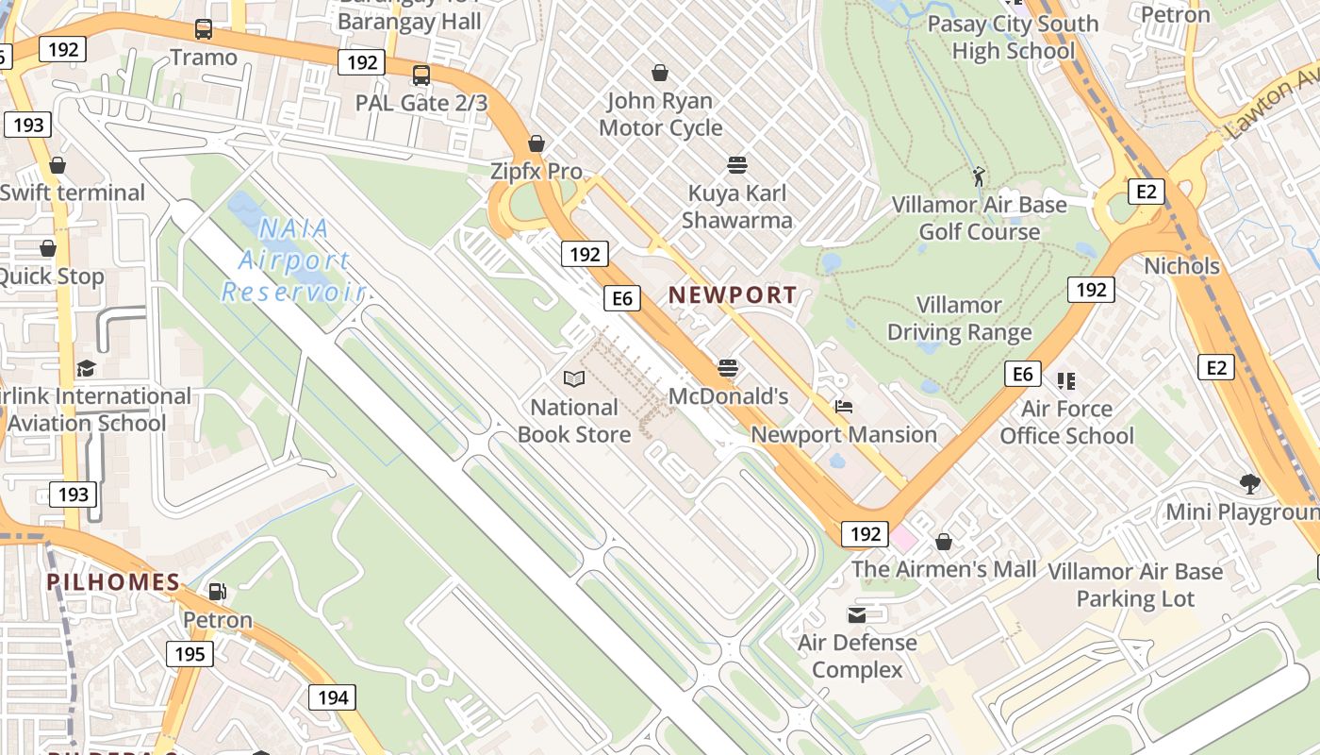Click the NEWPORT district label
(733, 294)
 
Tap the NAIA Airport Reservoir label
(293, 260)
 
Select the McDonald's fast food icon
(727, 367)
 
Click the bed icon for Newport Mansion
(844, 407)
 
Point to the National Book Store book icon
(573, 379)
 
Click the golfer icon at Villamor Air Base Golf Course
(979, 176)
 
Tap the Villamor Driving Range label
(959, 319)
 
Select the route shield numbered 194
(332, 697)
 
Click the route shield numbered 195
(190, 654)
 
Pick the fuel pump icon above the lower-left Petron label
(218, 592)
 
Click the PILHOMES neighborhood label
(113, 582)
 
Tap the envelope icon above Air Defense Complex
(856, 615)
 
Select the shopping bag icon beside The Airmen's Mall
(943, 542)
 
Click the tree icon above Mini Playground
(1250, 484)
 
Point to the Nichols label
(1181, 266)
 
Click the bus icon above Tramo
(204, 29)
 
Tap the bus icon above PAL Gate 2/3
(421, 75)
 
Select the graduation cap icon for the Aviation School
(86, 368)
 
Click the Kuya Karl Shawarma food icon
(736, 165)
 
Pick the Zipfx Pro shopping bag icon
(536, 143)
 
